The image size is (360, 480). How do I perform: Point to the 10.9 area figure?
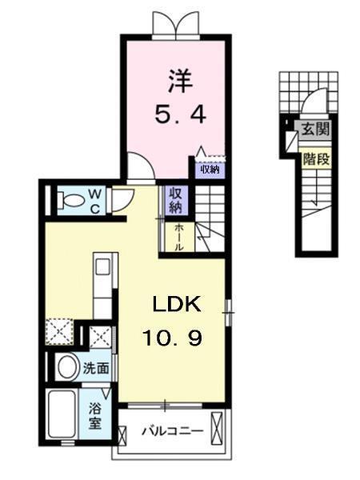(x=173, y=338)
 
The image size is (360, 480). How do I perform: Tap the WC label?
(x=94, y=199)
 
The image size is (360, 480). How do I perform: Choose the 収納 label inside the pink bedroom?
(x=210, y=169)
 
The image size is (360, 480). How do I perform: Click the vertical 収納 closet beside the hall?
(x=174, y=201)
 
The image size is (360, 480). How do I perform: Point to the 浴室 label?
(x=95, y=415)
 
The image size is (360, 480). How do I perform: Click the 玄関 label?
(x=310, y=128)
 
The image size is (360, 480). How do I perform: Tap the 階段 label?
(x=313, y=158)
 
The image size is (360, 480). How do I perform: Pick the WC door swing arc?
(x=121, y=198)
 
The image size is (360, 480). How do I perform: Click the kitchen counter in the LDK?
(x=104, y=288)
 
